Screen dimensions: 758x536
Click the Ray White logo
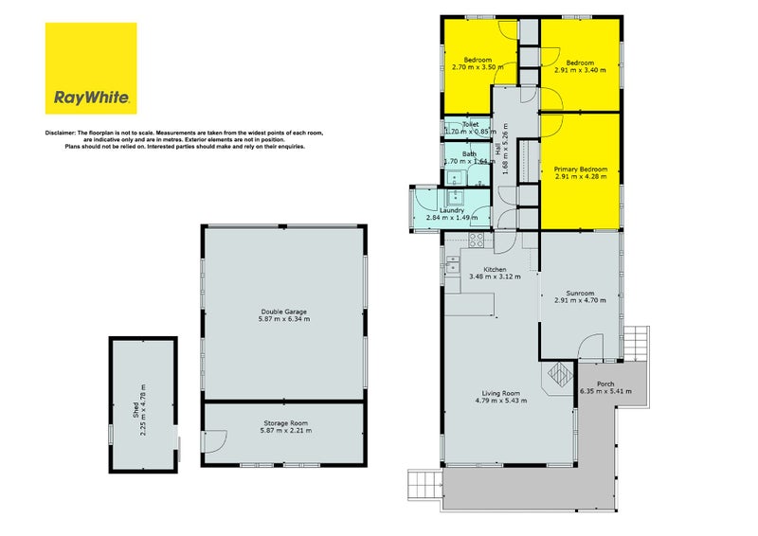click(x=91, y=68)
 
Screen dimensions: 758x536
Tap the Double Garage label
click(x=283, y=315)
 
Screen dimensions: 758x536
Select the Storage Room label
click(x=286, y=427)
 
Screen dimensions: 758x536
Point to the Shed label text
click(x=139, y=410)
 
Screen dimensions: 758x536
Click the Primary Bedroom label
click(x=581, y=173)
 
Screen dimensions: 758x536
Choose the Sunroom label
click(x=580, y=296)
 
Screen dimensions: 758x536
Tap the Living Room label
click(x=501, y=397)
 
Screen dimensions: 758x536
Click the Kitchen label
click(x=495, y=273)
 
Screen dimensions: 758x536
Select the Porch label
click(x=605, y=387)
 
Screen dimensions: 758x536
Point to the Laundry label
click(x=452, y=214)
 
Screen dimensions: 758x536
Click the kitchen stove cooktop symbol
click(x=477, y=241)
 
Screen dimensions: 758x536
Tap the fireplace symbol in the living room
click(x=560, y=374)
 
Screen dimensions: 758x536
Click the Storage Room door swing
click(x=216, y=441)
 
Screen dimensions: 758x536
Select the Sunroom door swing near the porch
click(x=590, y=347)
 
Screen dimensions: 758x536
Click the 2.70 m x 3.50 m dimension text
click(x=478, y=67)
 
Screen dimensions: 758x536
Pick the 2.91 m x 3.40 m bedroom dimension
click(x=580, y=70)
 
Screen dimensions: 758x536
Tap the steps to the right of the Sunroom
click(x=635, y=344)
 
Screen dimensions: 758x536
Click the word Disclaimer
click(x=61, y=133)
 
